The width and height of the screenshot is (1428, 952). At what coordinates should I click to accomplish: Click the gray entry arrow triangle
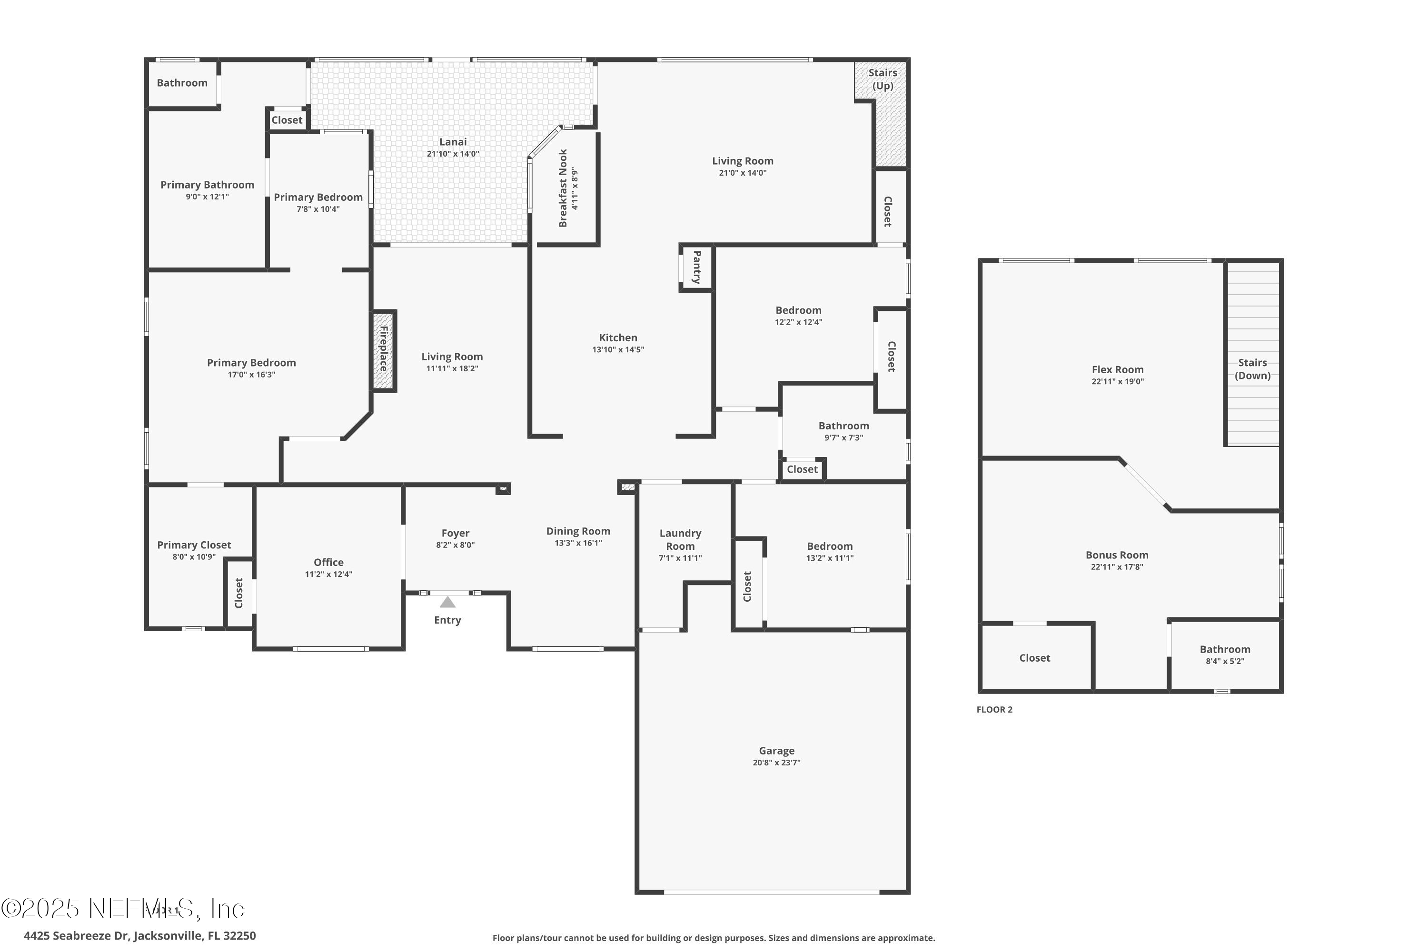tap(447, 602)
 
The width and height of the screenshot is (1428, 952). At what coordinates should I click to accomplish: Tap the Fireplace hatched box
tap(384, 350)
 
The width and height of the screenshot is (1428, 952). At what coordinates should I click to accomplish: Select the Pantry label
tap(697, 267)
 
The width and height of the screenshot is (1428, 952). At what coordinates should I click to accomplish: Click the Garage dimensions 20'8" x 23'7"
tap(776, 763)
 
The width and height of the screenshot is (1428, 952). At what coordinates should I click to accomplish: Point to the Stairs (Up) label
tap(882, 79)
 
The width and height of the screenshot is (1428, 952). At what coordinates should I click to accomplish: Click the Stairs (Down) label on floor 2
tap(1252, 368)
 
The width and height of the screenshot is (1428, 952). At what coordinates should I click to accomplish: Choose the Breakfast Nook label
tap(563, 188)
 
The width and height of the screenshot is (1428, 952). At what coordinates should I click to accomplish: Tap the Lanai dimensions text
tap(453, 154)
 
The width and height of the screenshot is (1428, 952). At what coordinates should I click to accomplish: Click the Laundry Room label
tap(680, 539)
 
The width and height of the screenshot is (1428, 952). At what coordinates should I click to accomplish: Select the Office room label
tap(328, 562)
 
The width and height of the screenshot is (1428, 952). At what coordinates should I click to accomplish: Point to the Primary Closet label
tap(194, 545)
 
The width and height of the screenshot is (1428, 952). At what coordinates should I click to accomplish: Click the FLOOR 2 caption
tap(994, 709)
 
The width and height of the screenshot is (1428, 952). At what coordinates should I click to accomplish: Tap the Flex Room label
tap(1117, 369)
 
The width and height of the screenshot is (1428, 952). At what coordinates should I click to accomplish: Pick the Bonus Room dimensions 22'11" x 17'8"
tap(1117, 566)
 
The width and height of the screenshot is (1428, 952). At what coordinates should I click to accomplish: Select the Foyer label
tap(456, 533)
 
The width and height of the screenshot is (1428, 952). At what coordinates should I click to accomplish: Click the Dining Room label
tap(578, 531)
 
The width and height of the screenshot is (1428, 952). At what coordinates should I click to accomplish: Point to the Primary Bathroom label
tap(207, 185)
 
